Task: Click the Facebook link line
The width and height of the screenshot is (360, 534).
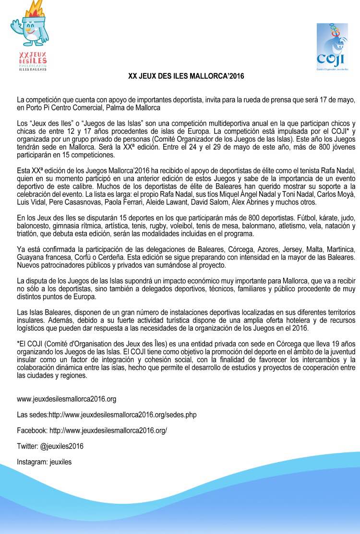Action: click(x=92, y=430)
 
